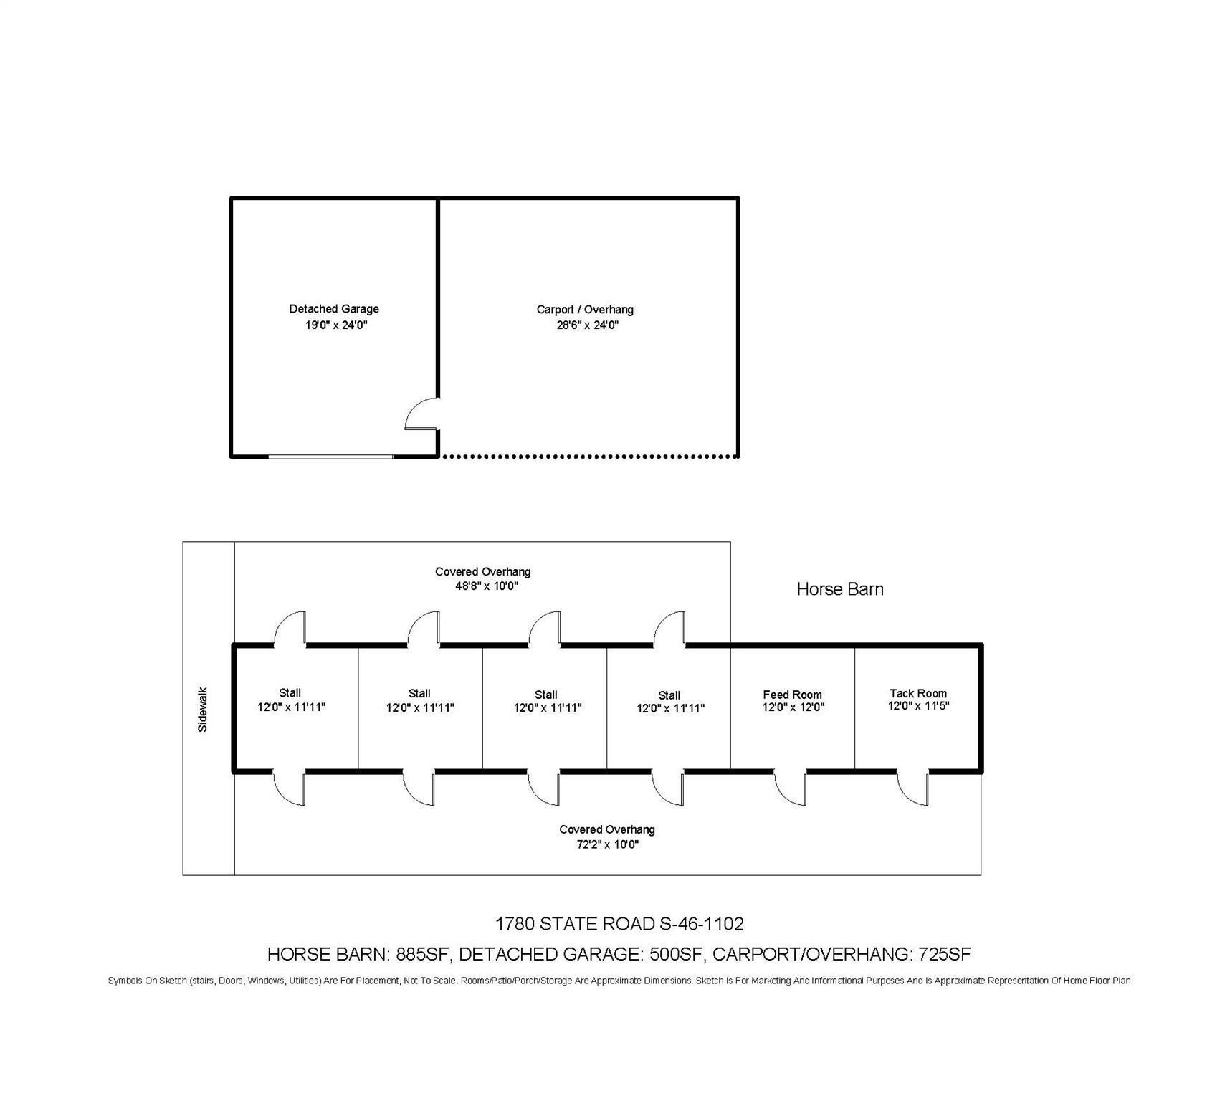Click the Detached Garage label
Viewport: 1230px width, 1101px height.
(334, 309)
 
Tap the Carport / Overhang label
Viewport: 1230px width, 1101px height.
(585, 310)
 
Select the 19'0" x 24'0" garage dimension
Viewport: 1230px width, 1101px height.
(336, 325)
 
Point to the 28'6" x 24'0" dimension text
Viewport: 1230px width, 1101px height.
(587, 325)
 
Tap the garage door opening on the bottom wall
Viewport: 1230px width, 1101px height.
(330, 456)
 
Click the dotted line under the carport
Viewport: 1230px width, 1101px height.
(588, 456)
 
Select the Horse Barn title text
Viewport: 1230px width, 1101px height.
(840, 589)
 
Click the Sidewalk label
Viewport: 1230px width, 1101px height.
(203, 710)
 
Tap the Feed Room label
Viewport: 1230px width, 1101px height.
(792, 695)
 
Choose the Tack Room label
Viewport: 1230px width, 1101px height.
(918, 693)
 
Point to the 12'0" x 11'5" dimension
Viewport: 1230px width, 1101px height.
(918, 706)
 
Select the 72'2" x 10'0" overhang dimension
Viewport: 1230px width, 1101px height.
(607, 844)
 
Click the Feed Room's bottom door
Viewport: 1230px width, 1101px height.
(791, 788)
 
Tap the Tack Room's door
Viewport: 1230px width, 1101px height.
(913, 788)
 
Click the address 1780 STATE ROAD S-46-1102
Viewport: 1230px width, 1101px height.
(620, 924)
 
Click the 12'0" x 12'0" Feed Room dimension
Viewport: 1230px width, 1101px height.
(793, 707)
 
